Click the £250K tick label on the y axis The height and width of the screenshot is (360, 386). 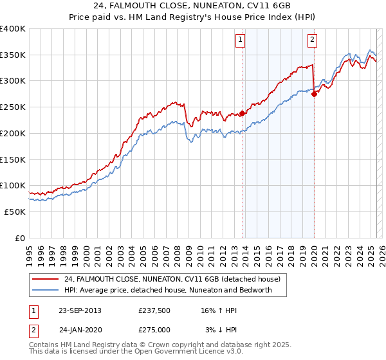pos(12,107)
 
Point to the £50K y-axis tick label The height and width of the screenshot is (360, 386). pos(15,212)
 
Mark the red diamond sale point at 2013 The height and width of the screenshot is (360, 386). pos(242,114)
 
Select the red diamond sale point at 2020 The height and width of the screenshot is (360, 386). pos(314,94)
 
